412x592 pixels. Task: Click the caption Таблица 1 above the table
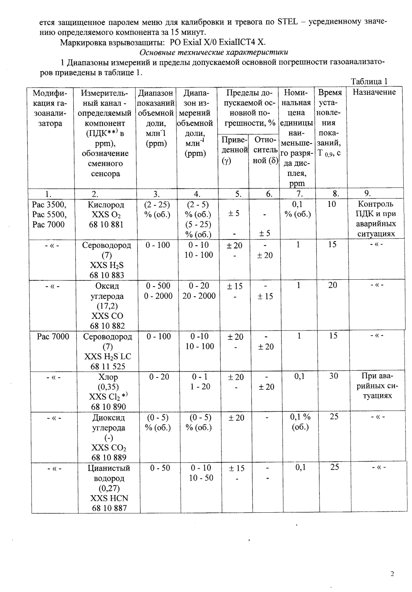pyautogui.click(x=369, y=82)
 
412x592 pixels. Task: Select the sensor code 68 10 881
pyautogui.click(x=107, y=225)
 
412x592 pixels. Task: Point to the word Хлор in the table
pyautogui.click(x=108, y=377)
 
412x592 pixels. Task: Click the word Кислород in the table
pyautogui.click(x=107, y=205)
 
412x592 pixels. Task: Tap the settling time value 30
pyautogui.click(x=333, y=376)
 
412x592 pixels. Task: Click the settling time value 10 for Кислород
pyautogui.click(x=332, y=205)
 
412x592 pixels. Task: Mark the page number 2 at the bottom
pyautogui.click(x=392, y=574)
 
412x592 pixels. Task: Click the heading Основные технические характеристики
pyautogui.click(x=214, y=52)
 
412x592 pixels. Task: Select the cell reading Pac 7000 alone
pyautogui.click(x=53, y=337)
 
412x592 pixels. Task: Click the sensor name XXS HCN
pyautogui.click(x=109, y=498)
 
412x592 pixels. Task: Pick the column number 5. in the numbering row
pyautogui.click(x=238, y=194)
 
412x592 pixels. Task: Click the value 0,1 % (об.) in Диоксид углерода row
pyautogui.click(x=300, y=422)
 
